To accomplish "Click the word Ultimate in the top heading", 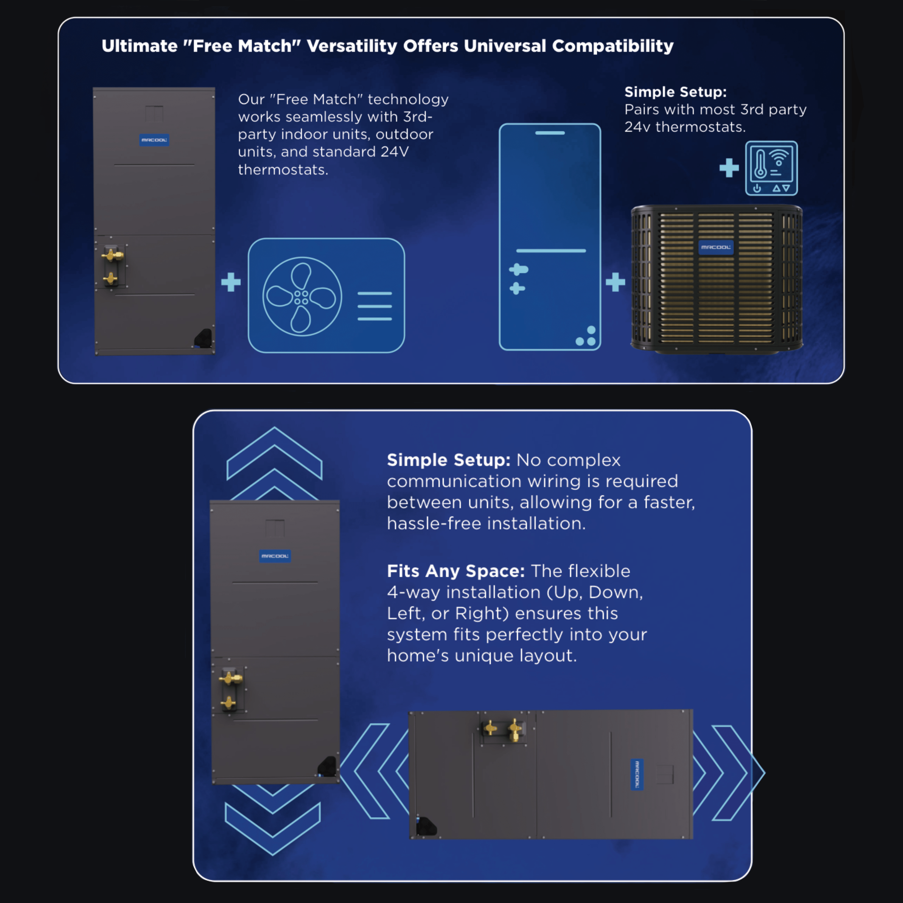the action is point(139,46).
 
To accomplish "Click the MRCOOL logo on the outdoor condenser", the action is point(715,247).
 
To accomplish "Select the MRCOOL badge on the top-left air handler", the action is point(154,140).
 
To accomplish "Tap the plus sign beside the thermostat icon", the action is point(729,168).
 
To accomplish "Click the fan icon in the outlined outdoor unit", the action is point(302,296).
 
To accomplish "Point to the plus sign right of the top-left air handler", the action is point(231,282).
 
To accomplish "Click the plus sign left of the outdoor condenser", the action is point(615,282).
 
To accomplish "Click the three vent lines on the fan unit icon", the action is point(374,306).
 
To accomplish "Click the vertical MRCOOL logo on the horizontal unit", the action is point(637,774).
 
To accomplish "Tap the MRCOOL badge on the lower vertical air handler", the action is point(275,556).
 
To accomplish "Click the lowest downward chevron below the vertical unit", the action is point(273,828).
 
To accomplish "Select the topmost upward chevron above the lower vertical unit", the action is point(274,452).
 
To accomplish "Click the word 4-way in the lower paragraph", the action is point(413,592).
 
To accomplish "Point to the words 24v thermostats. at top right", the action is point(685,127).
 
